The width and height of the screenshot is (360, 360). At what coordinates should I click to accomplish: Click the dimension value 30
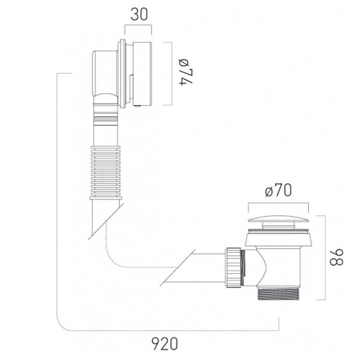click(x=138, y=14)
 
